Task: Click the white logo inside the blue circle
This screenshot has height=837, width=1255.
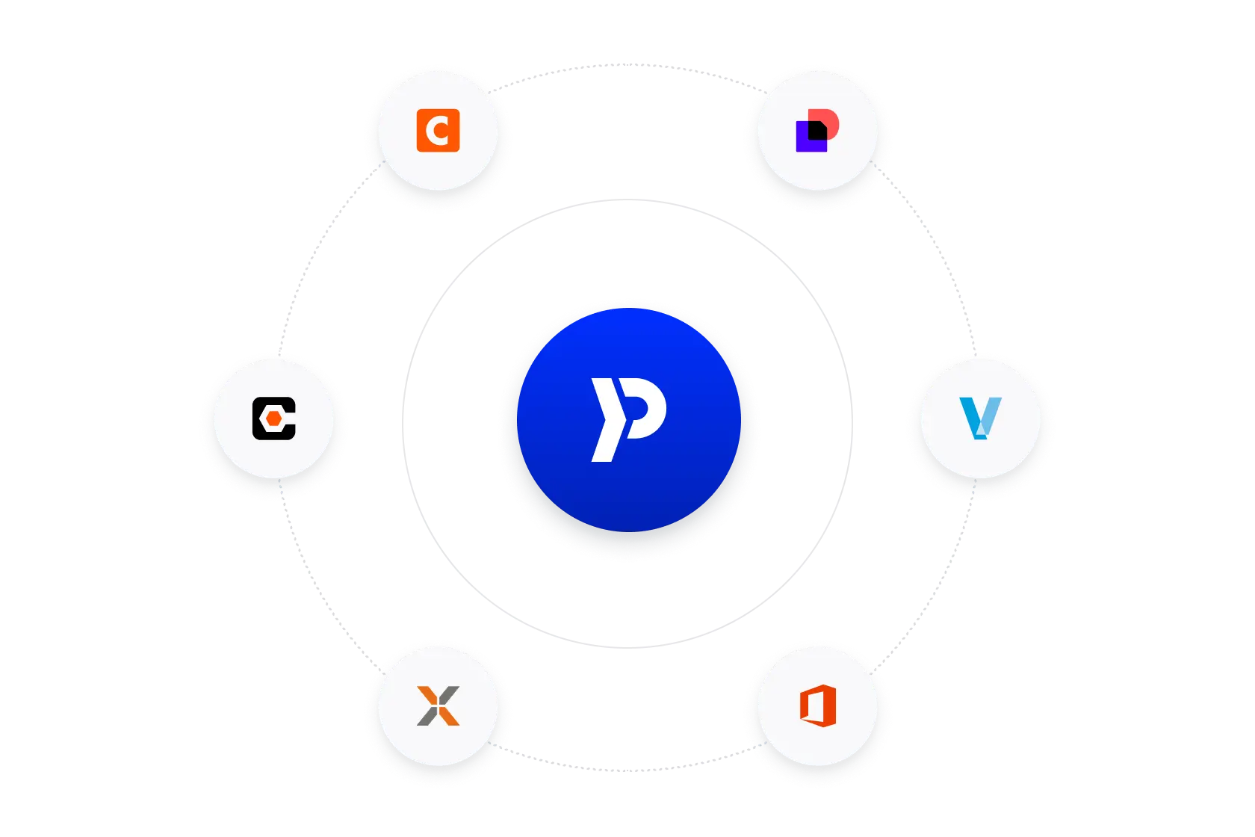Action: coord(627,418)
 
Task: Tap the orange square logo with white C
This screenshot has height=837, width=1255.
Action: coord(438,131)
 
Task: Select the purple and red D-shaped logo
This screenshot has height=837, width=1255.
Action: coord(817,131)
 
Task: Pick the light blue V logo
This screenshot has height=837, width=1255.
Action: coord(979,418)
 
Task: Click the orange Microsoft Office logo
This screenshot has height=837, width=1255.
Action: coord(817,705)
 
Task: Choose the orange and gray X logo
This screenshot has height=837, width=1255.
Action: coord(438,705)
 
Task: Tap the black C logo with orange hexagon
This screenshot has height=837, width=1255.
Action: coord(274,418)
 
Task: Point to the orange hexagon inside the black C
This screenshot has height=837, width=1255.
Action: coord(275,418)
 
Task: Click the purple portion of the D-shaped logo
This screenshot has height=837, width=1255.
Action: coord(802,142)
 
